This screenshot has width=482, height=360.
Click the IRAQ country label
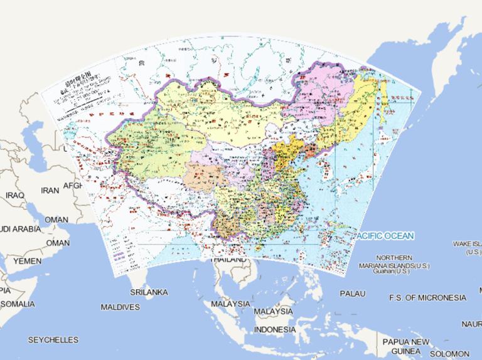click(14, 196)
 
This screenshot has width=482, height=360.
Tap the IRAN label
click(50, 190)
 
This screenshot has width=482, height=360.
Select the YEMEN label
click(28, 260)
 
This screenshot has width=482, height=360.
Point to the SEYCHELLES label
click(53, 340)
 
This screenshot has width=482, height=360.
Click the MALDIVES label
click(120, 307)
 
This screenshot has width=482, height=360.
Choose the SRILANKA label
click(149, 292)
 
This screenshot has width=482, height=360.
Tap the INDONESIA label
click(275, 329)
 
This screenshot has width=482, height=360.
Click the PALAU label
click(352, 294)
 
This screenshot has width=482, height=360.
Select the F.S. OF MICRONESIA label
click(427, 297)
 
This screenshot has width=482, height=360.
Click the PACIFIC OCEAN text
click(384, 236)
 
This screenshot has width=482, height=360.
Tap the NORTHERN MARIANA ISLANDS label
click(395, 262)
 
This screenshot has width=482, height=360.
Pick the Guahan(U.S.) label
click(391, 271)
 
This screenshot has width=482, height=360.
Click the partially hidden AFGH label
click(73, 186)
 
